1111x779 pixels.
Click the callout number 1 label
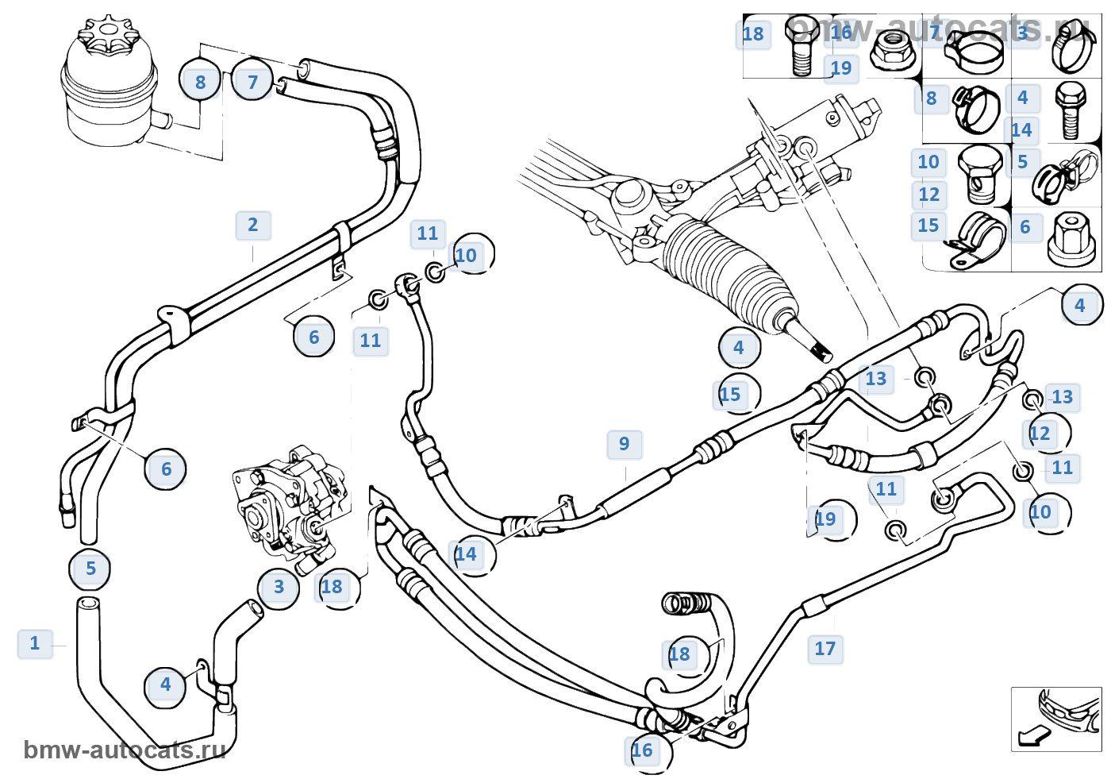click(x=34, y=643)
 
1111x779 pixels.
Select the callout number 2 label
click(x=253, y=226)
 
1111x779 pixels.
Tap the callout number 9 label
click(x=625, y=444)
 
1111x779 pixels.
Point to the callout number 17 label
click(x=825, y=650)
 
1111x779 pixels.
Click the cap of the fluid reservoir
click(x=108, y=35)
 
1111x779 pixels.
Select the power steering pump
click(x=290, y=504)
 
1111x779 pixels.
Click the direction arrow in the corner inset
click(x=1033, y=736)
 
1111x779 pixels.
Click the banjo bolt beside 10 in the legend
click(x=980, y=175)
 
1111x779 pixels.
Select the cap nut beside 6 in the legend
click(x=1071, y=237)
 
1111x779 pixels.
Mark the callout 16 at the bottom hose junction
click(x=643, y=750)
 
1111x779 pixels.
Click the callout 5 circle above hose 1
click(x=90, y=569)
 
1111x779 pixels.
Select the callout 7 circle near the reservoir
click(x=253, y=82)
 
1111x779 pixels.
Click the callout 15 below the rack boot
click(x=731, y=395)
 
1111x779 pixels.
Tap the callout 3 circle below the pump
click(x=279, y=588)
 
